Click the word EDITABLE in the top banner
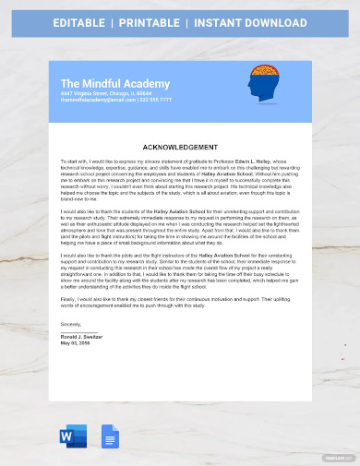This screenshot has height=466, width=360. tap(84, 22)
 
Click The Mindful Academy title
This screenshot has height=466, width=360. tap(115, 84)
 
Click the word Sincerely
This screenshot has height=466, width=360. tap(71, 325)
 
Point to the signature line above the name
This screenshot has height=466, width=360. tap(79, 333)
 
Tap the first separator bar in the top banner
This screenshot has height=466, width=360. tap(121, 22)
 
